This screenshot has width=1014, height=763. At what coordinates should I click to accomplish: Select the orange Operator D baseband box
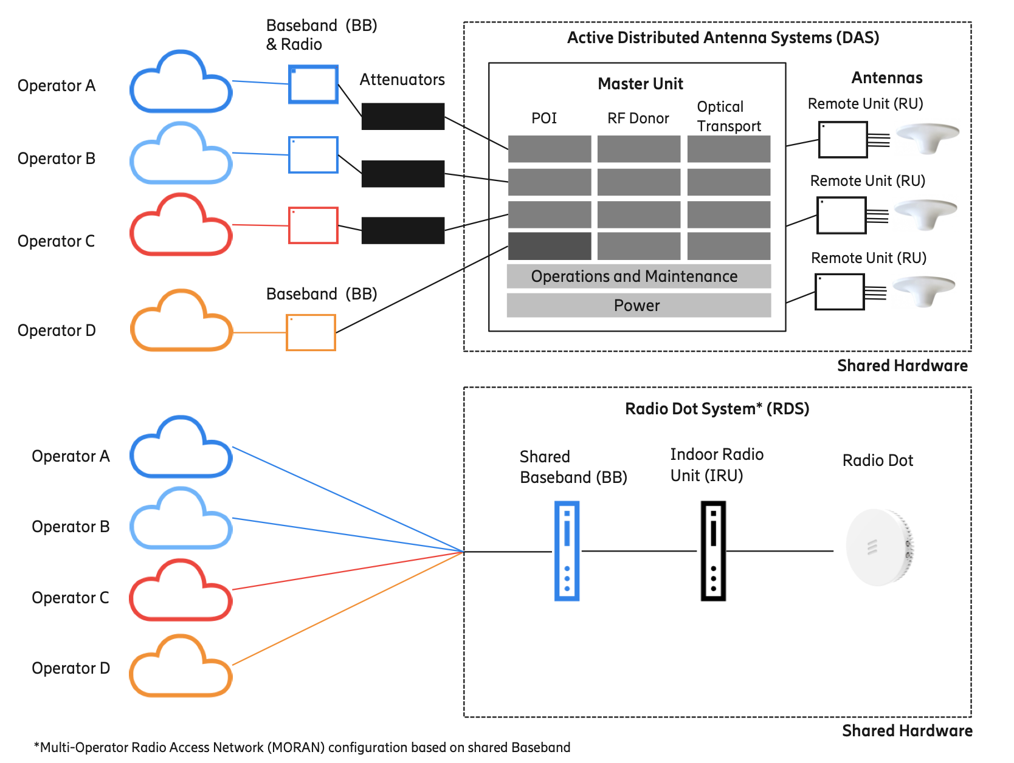311,332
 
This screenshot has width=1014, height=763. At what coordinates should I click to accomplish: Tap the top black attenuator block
402,116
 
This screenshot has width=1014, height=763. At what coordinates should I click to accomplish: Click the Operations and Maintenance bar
638,276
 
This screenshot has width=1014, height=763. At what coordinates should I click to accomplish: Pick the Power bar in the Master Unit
638,305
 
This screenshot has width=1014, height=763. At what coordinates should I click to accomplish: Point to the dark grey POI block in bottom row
549,246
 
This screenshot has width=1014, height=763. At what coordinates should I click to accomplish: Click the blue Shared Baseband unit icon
567,550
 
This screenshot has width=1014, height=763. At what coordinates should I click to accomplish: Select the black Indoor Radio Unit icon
713,550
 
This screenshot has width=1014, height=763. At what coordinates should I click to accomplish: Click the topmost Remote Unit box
843,140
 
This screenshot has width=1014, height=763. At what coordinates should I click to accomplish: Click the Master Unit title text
640,84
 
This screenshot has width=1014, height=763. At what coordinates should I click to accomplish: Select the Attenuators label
402,80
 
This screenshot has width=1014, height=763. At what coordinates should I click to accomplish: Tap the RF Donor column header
638,118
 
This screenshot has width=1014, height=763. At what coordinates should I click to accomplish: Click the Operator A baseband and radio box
313,84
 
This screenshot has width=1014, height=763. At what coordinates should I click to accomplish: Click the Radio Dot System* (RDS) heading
717,409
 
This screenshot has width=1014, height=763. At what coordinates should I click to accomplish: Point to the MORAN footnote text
302,747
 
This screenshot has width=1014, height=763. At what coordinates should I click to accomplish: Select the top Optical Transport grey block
728,149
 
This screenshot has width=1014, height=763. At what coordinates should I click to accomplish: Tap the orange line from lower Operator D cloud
347,609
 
